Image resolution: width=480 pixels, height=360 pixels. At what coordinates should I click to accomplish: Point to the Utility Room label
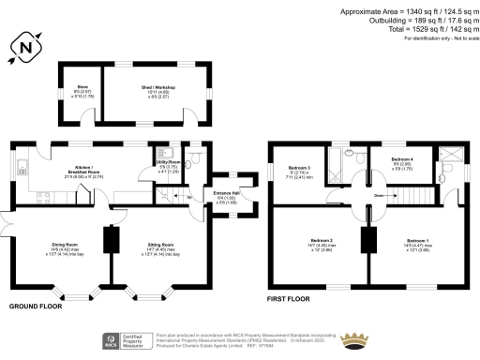point(168,165)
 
